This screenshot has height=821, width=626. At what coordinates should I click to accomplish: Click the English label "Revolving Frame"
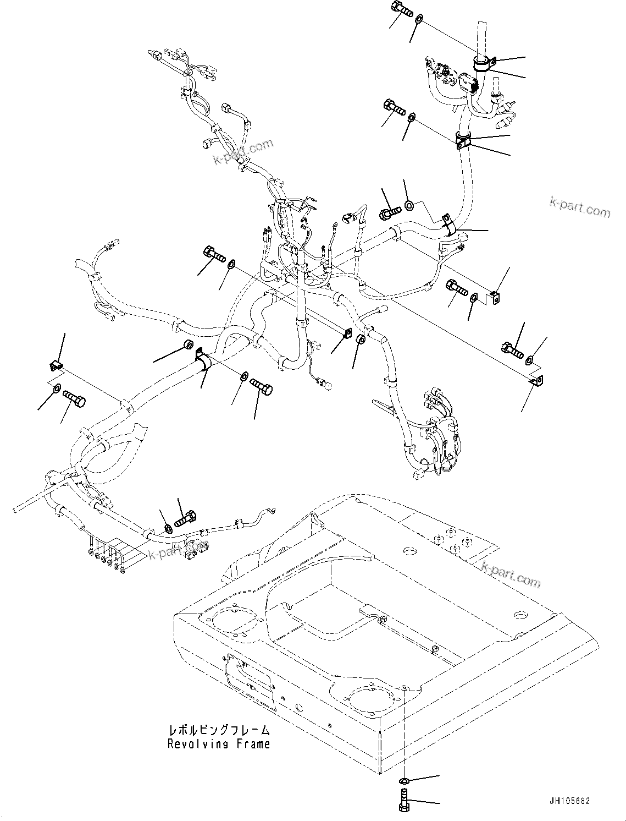click(x=219, y=744)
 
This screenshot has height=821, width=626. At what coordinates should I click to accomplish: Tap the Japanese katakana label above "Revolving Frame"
click(x=219, y=731)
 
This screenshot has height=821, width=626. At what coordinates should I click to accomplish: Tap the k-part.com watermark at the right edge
click(x=579, y=206)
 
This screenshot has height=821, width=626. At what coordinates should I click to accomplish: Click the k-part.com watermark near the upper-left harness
click(x=243, y=151)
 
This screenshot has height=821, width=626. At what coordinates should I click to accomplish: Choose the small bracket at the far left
click(x=54, y=365)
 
